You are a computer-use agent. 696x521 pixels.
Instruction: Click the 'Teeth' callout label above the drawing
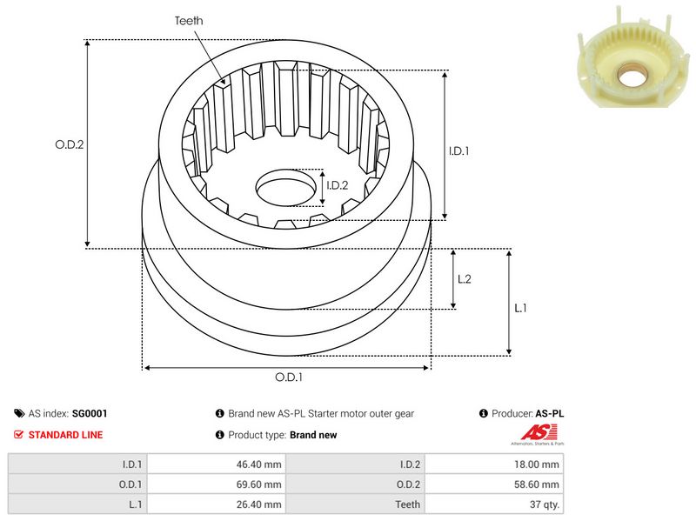[x=190, y=20]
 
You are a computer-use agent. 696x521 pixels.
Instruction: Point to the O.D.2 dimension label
[x=69, y=145]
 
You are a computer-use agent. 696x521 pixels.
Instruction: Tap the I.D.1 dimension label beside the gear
[x=459, y=150]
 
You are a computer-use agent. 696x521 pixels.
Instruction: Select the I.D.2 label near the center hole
[x=338, y=184]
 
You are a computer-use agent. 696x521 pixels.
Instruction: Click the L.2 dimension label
[x=465, y=278]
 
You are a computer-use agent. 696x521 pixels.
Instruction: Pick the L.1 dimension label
[x=520, y=307]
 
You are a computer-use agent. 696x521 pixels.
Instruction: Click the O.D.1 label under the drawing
[x=289, y=377]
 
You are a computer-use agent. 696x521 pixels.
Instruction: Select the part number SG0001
[x=90, y=414]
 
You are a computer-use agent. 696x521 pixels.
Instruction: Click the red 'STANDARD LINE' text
[x=65, y=435]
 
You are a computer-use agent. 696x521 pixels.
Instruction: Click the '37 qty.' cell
[x=544, y=504]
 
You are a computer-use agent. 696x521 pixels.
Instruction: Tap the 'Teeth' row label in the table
[x=407, y=504]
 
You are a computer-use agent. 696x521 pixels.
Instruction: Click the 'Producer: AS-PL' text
[x=527, y=414]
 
